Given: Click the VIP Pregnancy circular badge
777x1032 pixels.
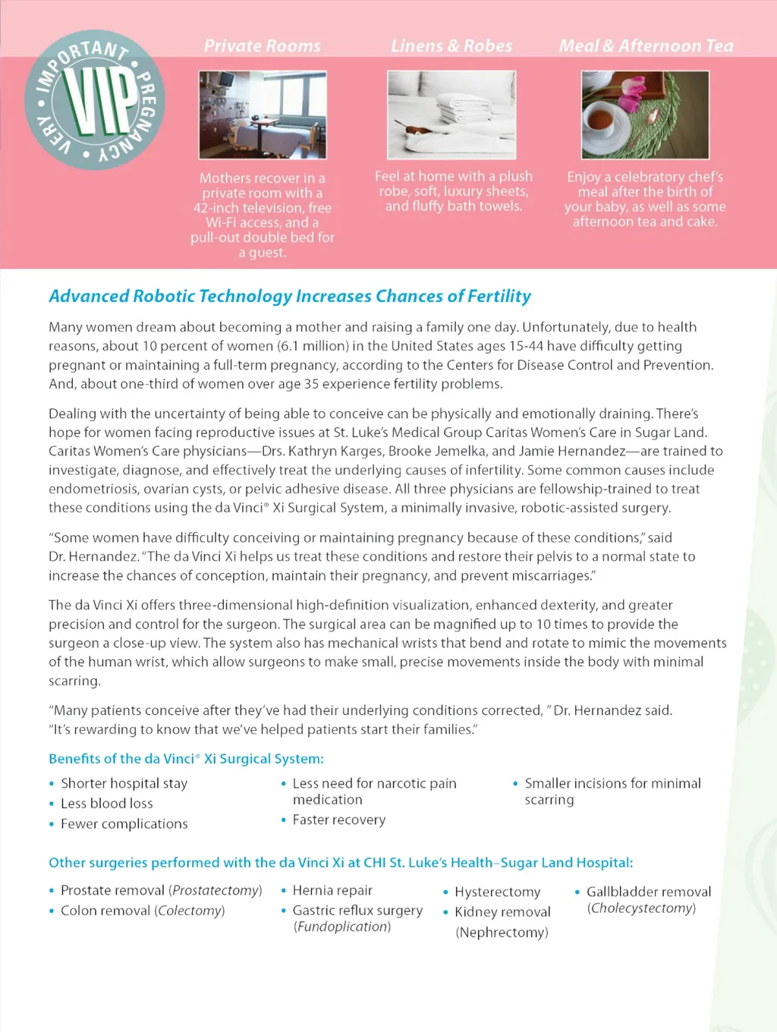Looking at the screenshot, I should pyautogui.click(x=94, y=99).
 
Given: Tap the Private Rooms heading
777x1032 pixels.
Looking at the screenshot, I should pyautogui.click(x=262, y=46).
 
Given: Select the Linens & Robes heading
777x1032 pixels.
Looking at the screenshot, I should pyautogui.click(x=451, y=46).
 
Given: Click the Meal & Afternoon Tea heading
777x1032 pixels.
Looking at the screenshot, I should pyautogui.click(x=646, y=46).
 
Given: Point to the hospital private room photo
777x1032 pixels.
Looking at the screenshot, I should pyautogui.click(x=263, y=115).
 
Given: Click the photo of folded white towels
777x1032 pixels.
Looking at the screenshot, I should pyautogui.click(x=451, y=115).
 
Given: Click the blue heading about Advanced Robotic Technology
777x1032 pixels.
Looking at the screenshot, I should pyautogui.click(x=290, y=296).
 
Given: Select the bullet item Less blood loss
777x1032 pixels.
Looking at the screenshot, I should pyautogui.click(x=106, y=804).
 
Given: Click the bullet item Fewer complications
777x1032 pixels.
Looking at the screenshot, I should pyautogui.click(x=124, y=824).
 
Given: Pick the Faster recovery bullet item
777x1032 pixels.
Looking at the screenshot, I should pyautogui.click(x=338, y=820).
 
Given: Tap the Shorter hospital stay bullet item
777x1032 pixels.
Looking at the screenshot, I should pyautogui.click(x=124, y=783).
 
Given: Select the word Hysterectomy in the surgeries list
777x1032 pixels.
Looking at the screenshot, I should pyautogui.click(x=497, y=892).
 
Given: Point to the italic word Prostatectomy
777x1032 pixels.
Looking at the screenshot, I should pyautogui.click(x=215, y=890).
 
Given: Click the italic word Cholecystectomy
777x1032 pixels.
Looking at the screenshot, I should pyautogui.click(x=641, y=908).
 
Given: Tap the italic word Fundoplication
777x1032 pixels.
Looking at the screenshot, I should pyautogui.click(x=342, y=927).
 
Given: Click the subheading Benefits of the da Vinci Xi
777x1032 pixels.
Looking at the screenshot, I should pyautogui.click(x=186, y=759).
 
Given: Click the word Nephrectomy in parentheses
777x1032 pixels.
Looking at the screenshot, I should pyautogui.click(x=502, y=933).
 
